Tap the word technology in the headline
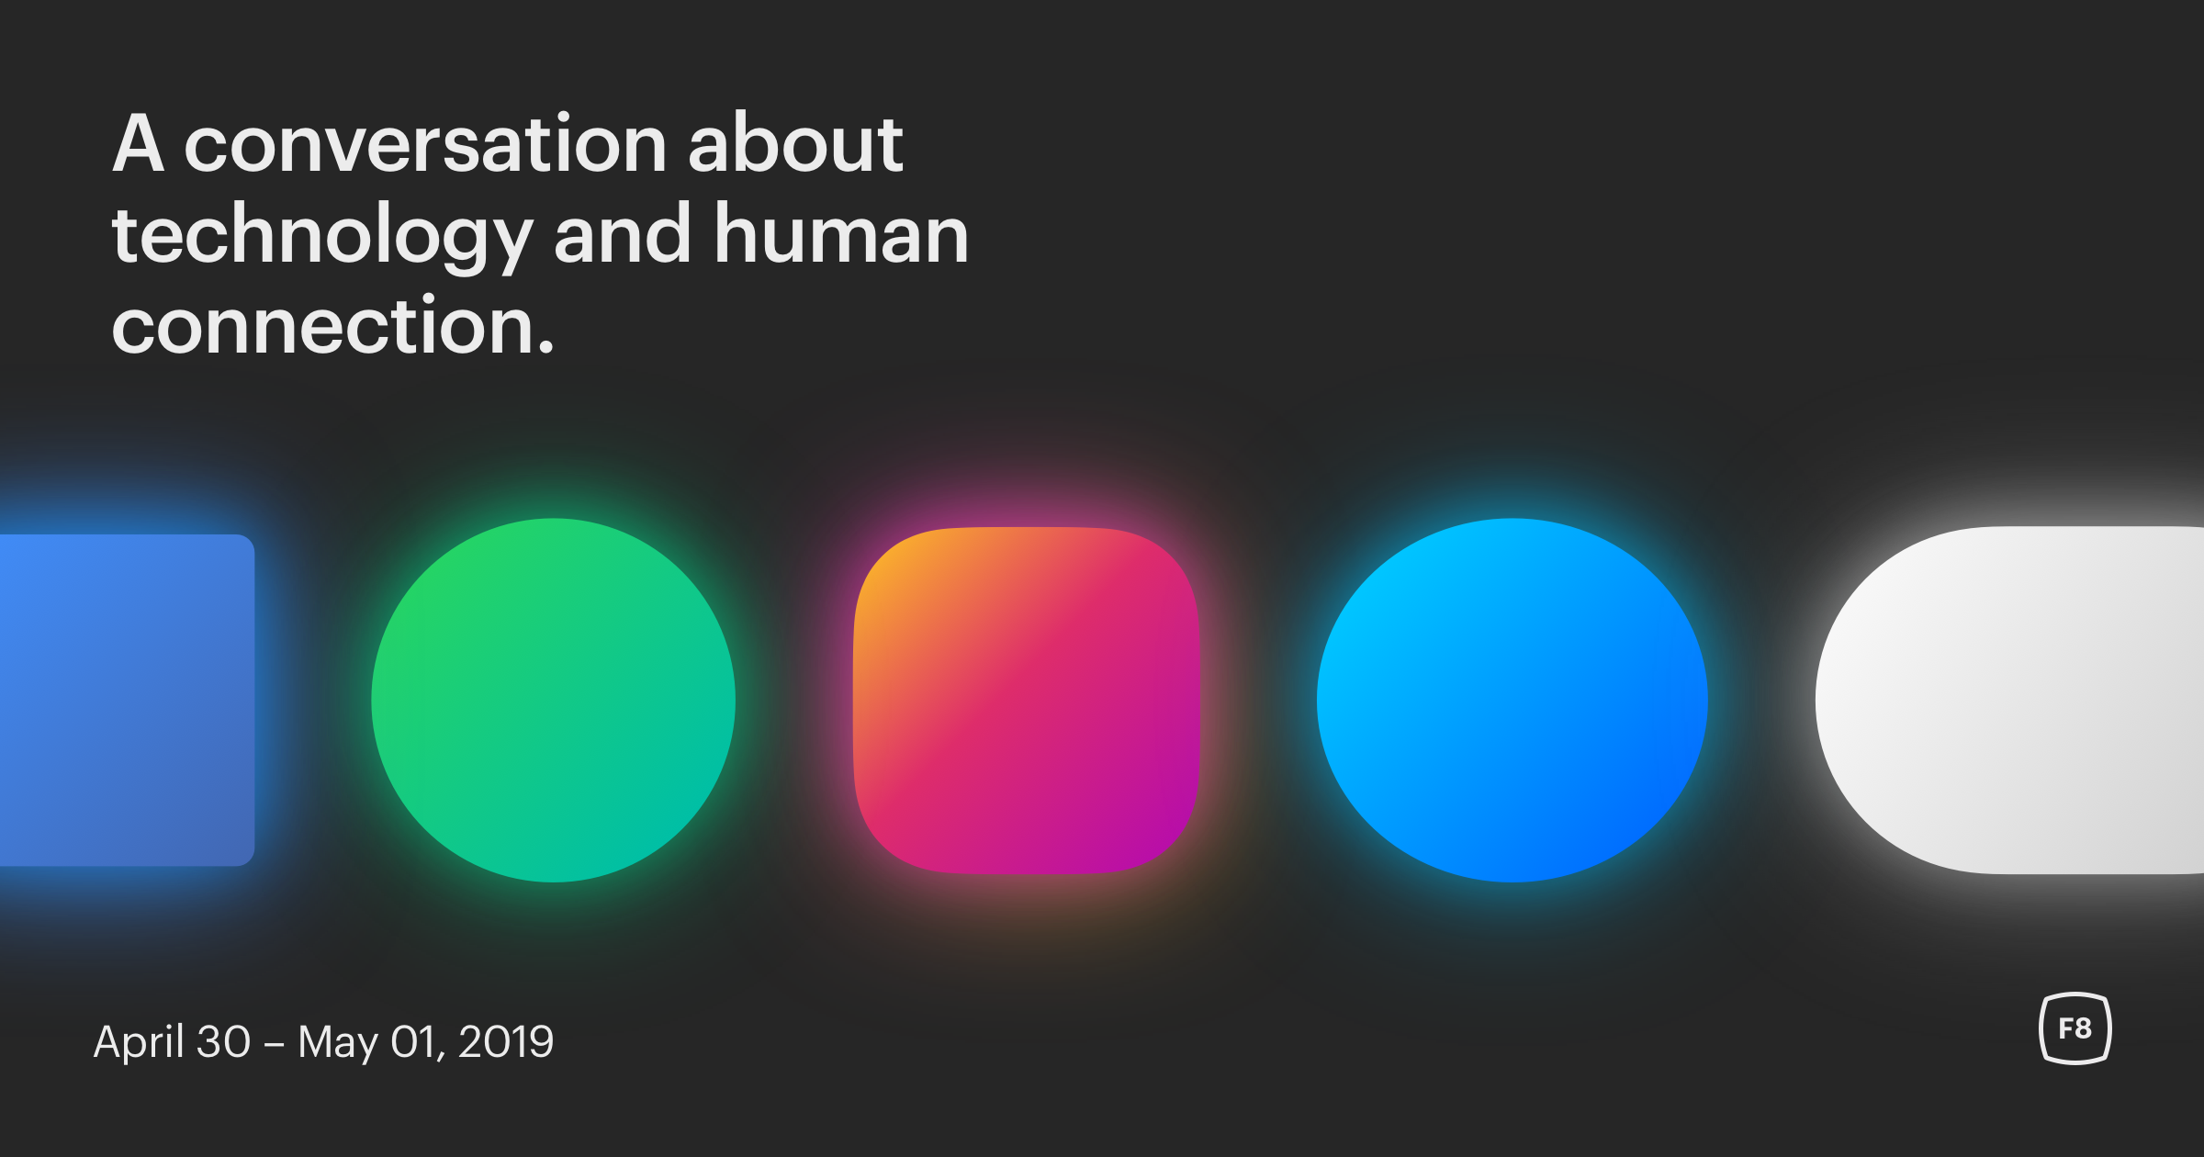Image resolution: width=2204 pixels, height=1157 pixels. pyautogui.click(x=322, y=236)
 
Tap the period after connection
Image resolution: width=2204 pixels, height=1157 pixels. pyautogui.click(x=546, y=346)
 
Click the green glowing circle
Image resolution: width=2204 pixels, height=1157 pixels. pyautogui.click(x=553, y=700)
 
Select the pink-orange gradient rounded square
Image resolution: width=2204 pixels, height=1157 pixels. pyautogui.click(x=1027, y=700)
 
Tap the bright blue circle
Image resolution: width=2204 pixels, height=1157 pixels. pyautogui.click(x=1512, y=700)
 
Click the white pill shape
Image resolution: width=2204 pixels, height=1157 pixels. pyautogui.click(x=2009, y=700)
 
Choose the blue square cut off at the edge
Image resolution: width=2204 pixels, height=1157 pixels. pyautogui.click(x=127, y=700)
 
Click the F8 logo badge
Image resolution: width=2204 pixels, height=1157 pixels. pyautogui.click(x=2075, y=1028)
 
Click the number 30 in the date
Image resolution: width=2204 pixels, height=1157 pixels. pyautogui.click(x=223, y=1042)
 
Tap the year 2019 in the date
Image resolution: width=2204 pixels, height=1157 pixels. pyautogui.click(x=506, y=1042)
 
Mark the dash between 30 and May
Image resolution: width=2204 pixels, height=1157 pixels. pyautogui.click(x=274, y=1045)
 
